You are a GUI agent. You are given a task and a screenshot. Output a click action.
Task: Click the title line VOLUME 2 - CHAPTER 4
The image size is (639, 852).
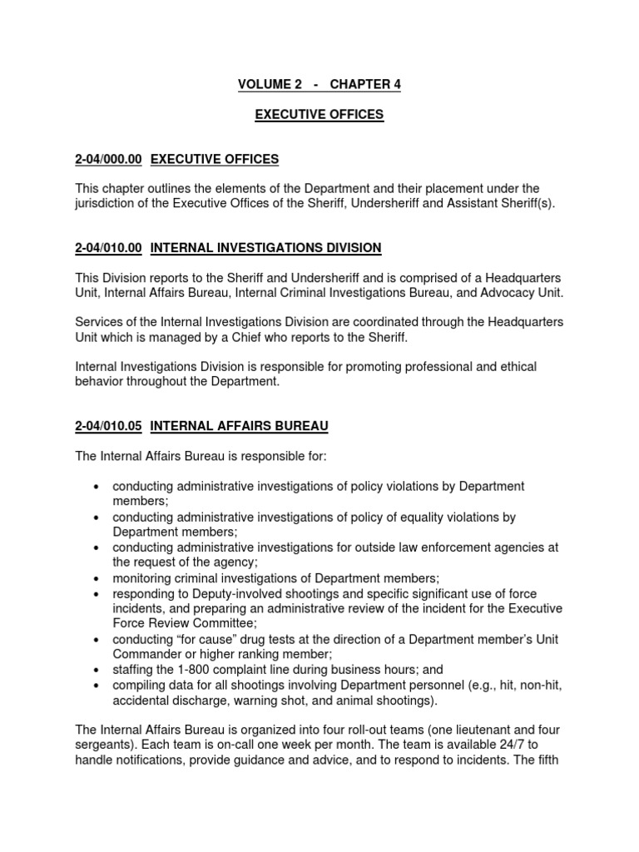coord(319,84)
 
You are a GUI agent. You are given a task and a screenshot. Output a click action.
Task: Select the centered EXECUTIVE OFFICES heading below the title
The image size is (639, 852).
coord(319,115)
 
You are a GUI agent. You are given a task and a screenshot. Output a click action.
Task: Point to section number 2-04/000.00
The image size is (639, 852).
coord(109,159)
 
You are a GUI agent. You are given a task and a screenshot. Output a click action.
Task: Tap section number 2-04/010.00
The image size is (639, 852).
coord(109,247)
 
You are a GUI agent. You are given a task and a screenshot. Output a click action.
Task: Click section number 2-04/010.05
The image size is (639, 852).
coord(109,426)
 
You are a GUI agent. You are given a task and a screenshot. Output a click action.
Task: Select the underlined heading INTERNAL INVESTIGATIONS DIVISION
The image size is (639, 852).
coord(265,247)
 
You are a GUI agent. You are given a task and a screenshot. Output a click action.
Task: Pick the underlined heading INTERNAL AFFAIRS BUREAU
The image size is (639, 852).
coord(239,426)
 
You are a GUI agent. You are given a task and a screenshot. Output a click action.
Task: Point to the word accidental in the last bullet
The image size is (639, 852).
coord(142,700)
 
